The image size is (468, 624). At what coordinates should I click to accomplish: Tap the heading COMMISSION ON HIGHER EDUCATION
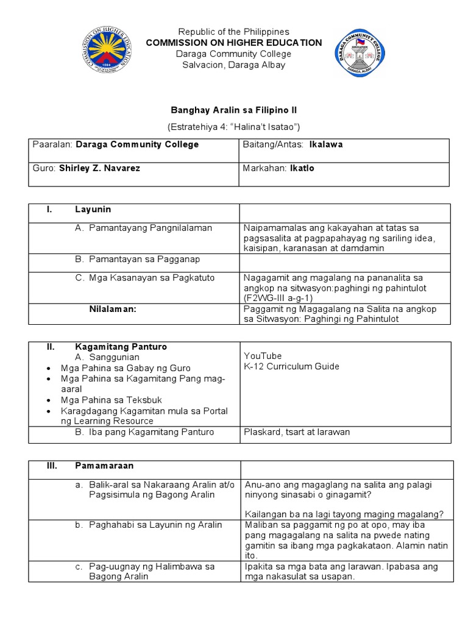[x=233, y=43]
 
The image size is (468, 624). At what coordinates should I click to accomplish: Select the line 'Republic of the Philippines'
[x=233, y=32]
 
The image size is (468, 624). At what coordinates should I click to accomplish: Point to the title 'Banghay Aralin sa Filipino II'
[x=233, y=110]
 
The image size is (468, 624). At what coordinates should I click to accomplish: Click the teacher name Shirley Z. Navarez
[x=99, y=168]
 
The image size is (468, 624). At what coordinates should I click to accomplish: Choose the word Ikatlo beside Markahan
[x=302, y=168]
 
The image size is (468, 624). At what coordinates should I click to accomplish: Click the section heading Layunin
[x=93, y=209]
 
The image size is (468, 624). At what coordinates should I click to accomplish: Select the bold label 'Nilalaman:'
[x=113, y=310]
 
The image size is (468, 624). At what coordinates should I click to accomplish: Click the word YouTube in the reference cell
[x=263, y=356]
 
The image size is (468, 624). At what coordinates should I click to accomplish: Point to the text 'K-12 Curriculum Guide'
[x=292, y=367]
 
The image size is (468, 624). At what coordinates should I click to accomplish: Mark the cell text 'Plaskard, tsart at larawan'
[x=297, y=433]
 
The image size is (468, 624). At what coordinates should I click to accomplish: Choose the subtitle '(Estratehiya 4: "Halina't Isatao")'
[x=233, y=127]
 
